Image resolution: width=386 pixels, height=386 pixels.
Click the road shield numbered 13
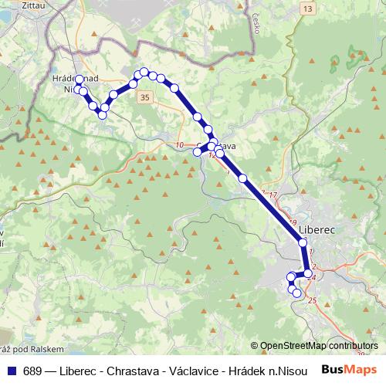[x=308, y=8]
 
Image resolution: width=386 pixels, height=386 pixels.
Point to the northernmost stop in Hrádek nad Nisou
[x=79, y=80]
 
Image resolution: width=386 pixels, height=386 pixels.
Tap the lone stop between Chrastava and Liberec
[x=243, y=178]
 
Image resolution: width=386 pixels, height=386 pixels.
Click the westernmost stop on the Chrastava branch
[x=197, y=151]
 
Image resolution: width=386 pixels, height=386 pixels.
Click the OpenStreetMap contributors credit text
[x=319, y=346]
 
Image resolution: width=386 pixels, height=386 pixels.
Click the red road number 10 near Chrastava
[x=180, y=145]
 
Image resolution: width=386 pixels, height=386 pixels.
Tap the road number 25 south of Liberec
[x=312, y=300]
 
